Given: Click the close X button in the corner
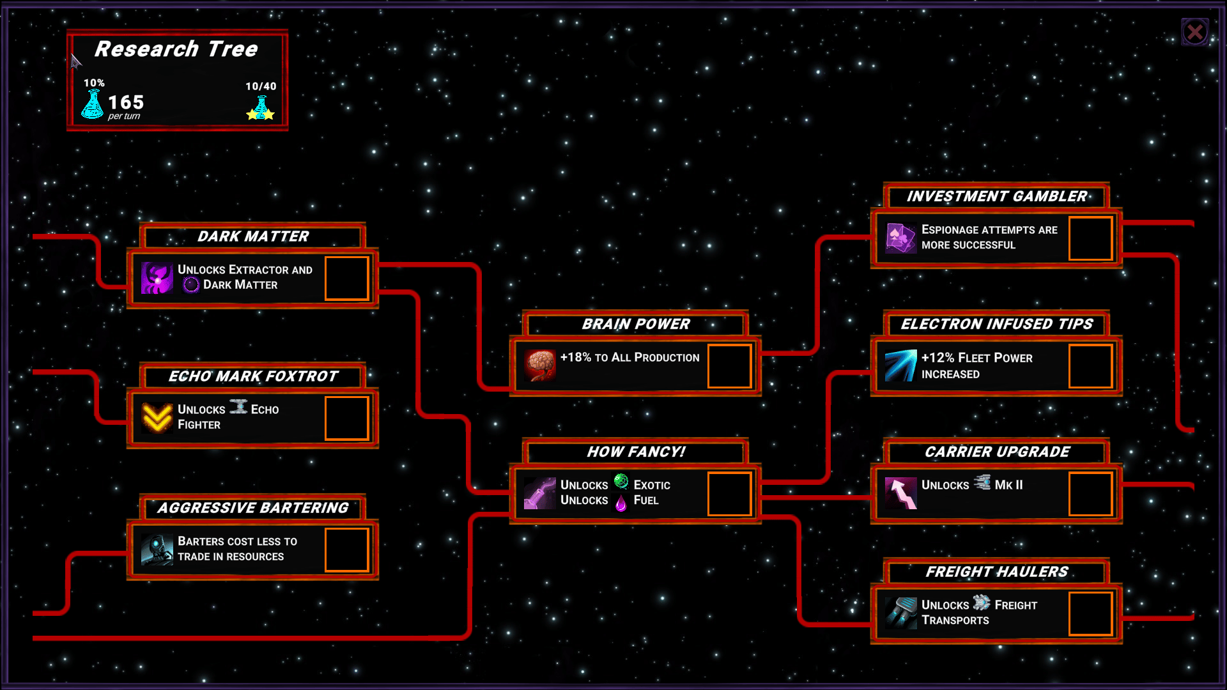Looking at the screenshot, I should tap(1194, 32).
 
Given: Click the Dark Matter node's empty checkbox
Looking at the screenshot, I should tap(346, 278).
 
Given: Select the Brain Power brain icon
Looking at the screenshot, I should tap(540, 365).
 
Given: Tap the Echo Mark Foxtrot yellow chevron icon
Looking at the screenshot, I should tap(157, 418).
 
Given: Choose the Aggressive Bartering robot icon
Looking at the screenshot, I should tap(157, 549).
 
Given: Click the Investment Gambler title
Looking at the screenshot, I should tap(996, 197).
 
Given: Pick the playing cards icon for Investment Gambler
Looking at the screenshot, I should tap(901, 238).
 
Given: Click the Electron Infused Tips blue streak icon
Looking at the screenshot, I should tap(901, 365).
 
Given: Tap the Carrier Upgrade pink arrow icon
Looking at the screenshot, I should tap(901, 493).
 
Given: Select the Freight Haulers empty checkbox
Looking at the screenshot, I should tap(1090, 613).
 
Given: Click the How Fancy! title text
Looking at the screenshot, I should tap(636, 452).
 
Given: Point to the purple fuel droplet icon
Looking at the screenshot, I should tap(621, 503).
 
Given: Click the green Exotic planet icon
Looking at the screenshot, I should tap(621, 481).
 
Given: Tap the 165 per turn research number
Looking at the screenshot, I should tap(126, 102).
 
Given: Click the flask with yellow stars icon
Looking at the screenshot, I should tap(261, 108).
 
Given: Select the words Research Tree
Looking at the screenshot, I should tap(176, 49).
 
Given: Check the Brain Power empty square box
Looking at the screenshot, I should tap(729, 366).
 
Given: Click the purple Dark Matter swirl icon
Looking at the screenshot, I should tap(157, 278).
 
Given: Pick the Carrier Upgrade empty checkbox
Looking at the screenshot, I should tap(1090, 493).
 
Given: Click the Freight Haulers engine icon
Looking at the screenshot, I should tap(901, 613).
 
